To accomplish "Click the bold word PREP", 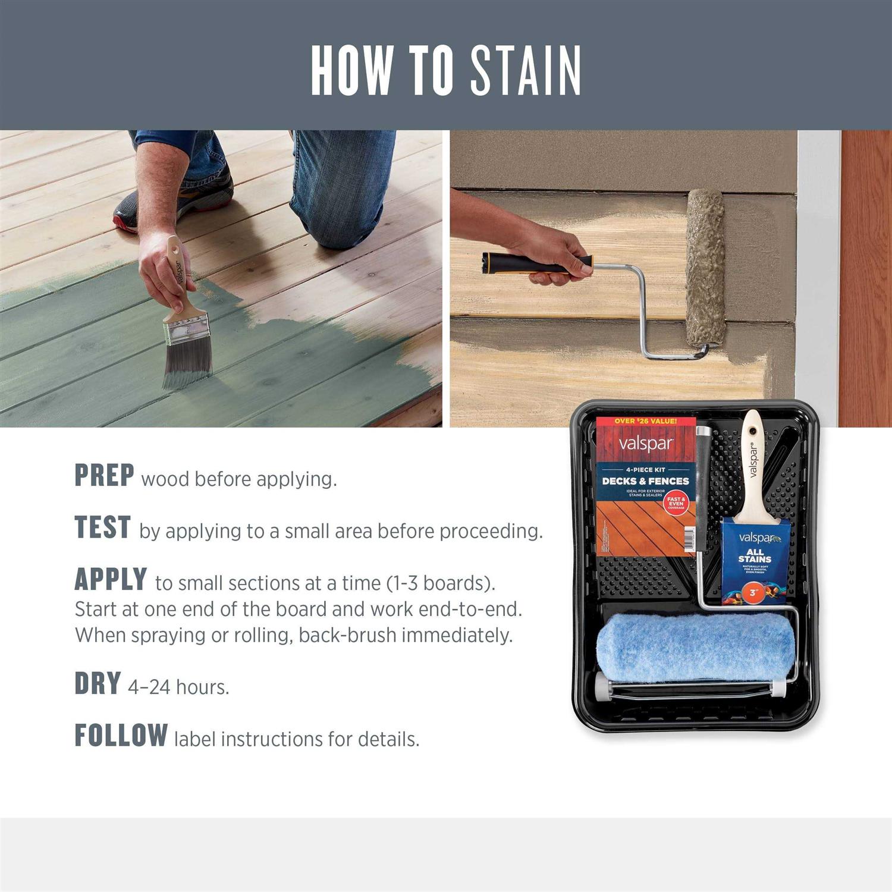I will tap(104, 475).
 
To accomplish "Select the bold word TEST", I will tap(102, 527).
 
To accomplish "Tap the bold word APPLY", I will tap(111, 580).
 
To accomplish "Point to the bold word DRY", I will tap(98, 684).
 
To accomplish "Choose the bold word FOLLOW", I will tap(121, 736).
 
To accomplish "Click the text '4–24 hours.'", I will tap(178, 687).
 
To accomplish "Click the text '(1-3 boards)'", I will tap(440, 583).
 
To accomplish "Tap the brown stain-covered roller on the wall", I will tap(706, 268).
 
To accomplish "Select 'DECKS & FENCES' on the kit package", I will tap(645, 480).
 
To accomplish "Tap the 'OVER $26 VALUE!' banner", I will tap(645, 421).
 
